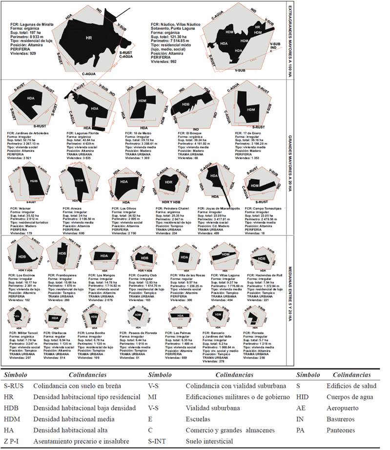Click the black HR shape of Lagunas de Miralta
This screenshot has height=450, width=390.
(x=88, y=39)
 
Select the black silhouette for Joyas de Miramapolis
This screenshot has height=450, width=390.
(x=214, y=183)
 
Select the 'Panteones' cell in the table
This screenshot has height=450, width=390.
(x=341, y=430)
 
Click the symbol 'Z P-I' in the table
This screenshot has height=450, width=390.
(x=13, y=441)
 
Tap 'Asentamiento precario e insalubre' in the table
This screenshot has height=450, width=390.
(x=82, y=441)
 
